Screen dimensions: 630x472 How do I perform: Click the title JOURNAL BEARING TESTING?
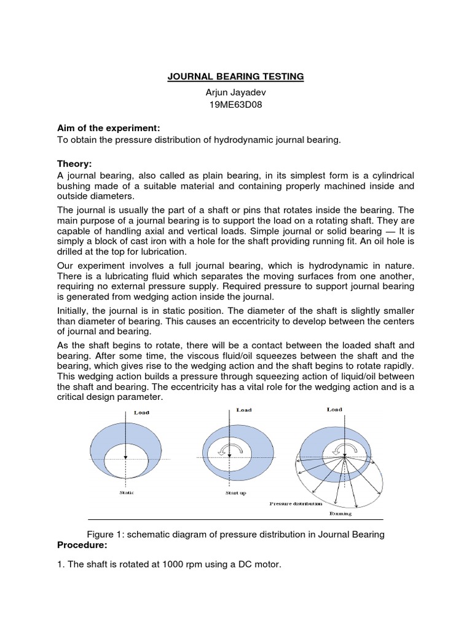tap(236, 77)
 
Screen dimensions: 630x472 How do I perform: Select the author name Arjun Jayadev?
tap(236, 92)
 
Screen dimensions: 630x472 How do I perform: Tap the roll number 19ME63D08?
tap(236, 106)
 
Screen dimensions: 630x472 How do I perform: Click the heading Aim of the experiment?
tap(108, 127)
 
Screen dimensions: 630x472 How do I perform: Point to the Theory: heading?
tap(74, 164)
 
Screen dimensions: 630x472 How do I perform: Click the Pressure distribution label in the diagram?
tap(295, 503)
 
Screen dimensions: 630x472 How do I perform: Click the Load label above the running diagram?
tap(335, 409)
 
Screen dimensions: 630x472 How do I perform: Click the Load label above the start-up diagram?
tap(245, 409)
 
